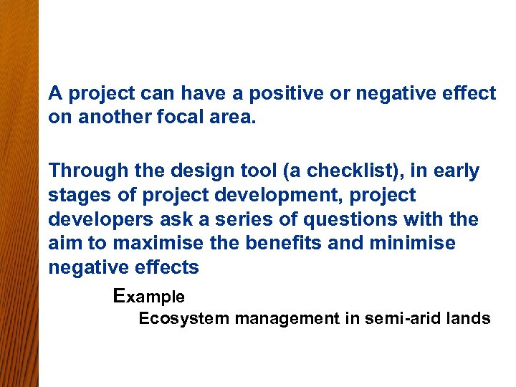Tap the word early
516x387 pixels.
(455, 171)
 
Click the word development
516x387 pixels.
(264, 195)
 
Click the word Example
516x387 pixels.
(149, 296)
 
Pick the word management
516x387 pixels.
(284, 319)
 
